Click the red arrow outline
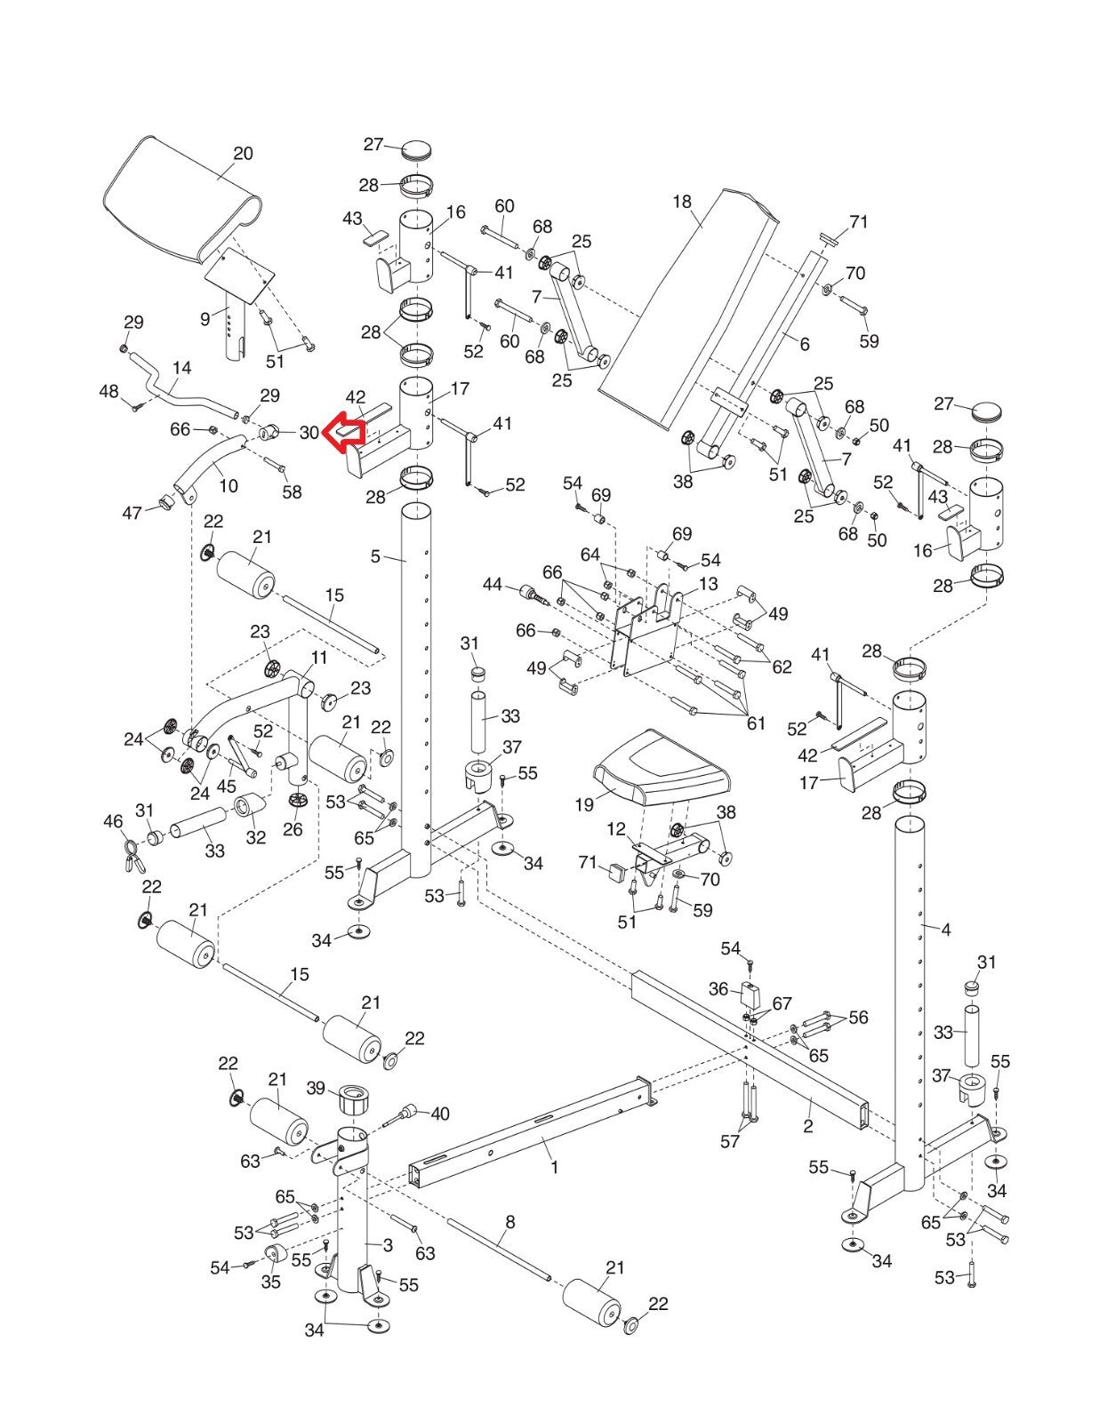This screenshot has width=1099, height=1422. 343,433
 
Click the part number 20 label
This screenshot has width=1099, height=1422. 243,154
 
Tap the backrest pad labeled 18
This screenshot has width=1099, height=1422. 689,302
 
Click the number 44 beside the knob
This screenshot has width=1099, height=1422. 492,585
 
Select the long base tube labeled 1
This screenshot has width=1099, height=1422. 525,1138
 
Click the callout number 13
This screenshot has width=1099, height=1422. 708,584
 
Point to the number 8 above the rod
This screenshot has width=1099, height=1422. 509,1222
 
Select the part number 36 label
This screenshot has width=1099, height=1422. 718,989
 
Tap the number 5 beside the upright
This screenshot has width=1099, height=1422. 375,556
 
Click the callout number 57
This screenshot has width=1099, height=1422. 729,1141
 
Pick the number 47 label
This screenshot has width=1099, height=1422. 132,513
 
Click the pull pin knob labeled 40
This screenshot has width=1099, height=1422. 410,1112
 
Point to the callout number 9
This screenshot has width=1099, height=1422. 205,317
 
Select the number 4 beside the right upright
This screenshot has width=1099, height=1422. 945,930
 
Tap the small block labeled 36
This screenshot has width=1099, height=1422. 751,995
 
